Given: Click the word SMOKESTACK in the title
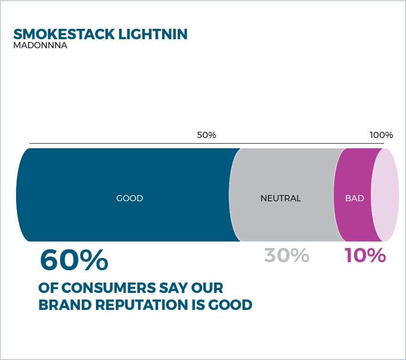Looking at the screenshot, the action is tap(64, 34).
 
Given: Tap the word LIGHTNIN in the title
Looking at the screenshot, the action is tap(153, 34).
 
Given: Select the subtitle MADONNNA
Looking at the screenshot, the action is tap(40, 45).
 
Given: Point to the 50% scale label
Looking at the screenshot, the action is tap(207, 135).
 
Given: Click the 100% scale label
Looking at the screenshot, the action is tap(381, 135).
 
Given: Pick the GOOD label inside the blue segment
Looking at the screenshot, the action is tap(130, 198).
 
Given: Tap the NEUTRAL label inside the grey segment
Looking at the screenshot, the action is tap(280, 198).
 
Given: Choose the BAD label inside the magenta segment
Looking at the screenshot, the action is tap(354, 198).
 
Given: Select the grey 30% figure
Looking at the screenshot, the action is tap(286, 255).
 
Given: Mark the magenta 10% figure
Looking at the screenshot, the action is tap(365, 255).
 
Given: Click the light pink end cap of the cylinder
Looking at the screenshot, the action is tap(385, 195).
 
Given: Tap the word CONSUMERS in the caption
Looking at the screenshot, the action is tap(109, 288).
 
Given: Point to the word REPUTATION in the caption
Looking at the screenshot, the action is tap(141, 305).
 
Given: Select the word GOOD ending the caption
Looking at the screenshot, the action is tap(230, 305).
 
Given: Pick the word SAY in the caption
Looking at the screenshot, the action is tap(173, 288).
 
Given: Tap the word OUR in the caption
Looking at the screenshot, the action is tap(207, 288).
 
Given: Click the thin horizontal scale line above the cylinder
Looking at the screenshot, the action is tap(207, 143).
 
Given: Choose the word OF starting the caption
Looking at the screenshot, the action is tap(48, 288).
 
